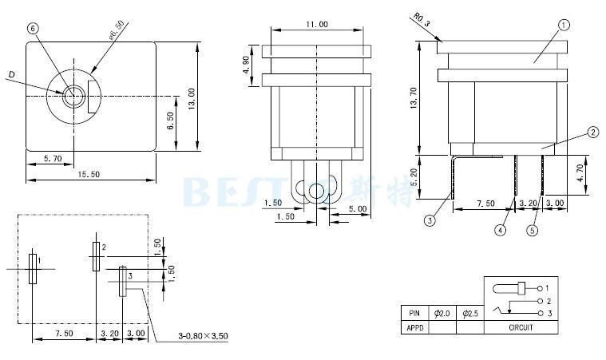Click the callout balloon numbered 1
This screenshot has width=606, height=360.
[x=564, y=26]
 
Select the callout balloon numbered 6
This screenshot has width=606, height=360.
[x=33, y=28]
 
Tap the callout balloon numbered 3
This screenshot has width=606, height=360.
[x=430, y=220]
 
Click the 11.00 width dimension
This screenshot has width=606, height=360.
[x=317, y=24]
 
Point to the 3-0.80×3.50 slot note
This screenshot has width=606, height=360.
[x=203, y=335]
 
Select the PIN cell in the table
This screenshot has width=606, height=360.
[x=414, y=314]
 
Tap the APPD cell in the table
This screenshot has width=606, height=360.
[x=414, y=327]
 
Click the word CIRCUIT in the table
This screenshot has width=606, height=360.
[x=521, y=327]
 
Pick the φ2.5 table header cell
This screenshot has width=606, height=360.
[x=469, y=314]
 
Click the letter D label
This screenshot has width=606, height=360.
[x=12, y=75]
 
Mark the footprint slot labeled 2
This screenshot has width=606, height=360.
[x=96, y=256]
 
